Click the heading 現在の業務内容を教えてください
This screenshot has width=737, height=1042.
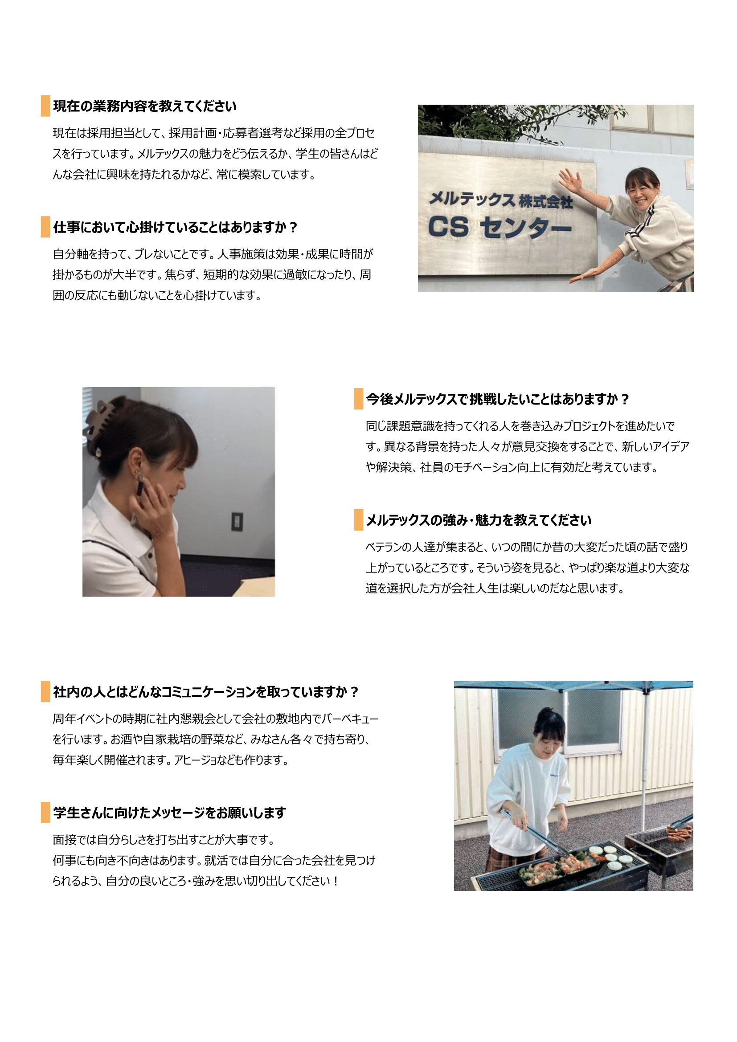pos(145,106)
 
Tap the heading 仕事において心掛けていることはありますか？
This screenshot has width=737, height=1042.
pos(175,227)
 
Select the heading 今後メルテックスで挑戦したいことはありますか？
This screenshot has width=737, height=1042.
pos(498,399)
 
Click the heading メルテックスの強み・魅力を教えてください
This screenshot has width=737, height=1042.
pos(479,520)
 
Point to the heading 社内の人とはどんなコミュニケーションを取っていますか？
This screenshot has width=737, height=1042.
pos(206,692)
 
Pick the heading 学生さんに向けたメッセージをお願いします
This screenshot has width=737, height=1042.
pos(169,813)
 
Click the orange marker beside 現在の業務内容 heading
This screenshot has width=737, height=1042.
pos(45,106)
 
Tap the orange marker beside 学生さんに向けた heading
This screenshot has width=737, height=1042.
pos(45,813)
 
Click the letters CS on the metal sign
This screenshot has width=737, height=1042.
pos(448,226)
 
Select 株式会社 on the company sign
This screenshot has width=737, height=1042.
pos(546,201)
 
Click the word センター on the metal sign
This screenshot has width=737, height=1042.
pos(525,227)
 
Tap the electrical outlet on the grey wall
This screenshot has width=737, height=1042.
pos(237,522)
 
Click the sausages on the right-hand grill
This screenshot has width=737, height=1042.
pos(679,832)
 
